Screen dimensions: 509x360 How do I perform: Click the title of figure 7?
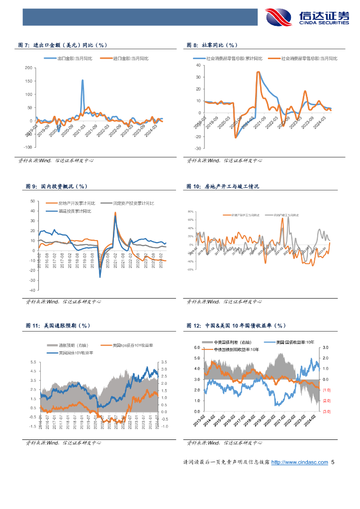click(67, 45)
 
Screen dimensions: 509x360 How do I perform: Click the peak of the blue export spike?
click(83, 80)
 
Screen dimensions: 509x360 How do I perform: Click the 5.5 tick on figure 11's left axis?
click(33, 362)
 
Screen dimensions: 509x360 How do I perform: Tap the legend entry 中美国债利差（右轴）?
click(232, 342)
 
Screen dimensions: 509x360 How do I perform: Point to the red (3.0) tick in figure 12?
click(326, 412)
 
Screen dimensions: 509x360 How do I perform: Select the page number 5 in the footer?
click(333, 462)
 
